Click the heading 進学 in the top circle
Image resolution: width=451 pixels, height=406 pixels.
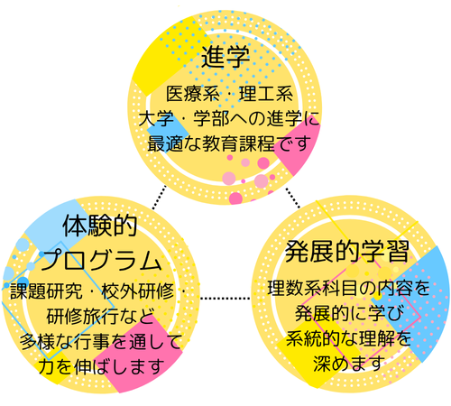coord(225,57)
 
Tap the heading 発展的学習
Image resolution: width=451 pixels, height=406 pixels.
coord(347,252)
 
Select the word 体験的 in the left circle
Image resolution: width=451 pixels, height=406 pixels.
coord(100,226)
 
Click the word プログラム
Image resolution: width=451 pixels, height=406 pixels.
coord(101,260)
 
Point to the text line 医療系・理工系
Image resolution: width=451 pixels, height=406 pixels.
coord(229,94)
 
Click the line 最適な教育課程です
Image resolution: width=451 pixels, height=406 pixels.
coord(229,143)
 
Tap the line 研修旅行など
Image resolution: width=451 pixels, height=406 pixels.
coord(101,316)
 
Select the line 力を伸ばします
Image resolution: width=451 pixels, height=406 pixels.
coord(101,366)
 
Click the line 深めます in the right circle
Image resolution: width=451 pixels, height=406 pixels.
coord(348,363)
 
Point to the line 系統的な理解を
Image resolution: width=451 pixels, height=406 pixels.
coord(348,338)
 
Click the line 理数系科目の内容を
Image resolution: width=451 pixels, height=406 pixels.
coord(348,288)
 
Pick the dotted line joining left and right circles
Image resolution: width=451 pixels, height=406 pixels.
coord(225,298)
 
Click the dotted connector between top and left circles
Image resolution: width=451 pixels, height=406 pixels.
coord(159,198)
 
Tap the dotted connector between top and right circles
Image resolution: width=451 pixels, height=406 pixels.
coord(292,198)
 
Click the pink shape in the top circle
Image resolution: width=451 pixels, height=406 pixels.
coord(298,147)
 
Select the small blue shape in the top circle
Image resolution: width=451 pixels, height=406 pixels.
coord(167,134)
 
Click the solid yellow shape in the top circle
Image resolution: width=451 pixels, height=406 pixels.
coord(169,57)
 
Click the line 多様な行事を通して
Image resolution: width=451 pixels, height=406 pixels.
coord(101,342)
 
